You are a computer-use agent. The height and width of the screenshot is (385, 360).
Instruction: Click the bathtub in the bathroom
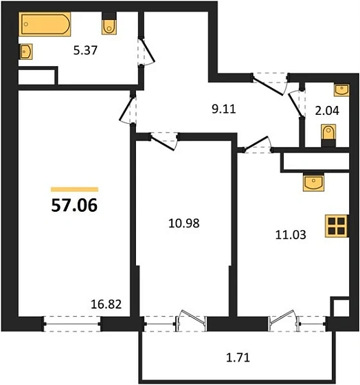(45, 26)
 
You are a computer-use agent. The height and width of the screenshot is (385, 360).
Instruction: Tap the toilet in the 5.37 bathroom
(109, 25)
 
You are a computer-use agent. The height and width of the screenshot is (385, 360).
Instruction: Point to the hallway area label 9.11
(223, 107)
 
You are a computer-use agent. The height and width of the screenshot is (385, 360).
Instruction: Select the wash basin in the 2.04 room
(341, 89)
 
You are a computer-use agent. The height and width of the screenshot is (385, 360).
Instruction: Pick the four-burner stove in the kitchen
(337, 227)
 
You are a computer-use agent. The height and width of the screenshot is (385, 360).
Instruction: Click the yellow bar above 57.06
(75, 188)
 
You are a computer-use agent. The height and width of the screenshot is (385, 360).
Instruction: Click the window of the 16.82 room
(72, 322)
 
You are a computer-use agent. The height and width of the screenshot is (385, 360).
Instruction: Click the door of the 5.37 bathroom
(144, 52)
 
